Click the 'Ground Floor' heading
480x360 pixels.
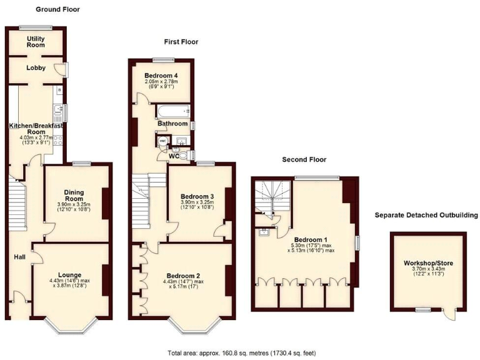[57, 9]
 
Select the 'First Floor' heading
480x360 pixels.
[181, 42]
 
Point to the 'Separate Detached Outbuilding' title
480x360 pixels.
[426, 215]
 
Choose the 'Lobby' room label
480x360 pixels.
[36, 67]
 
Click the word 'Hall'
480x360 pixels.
[19, 256]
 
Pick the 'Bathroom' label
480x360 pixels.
[172, 124]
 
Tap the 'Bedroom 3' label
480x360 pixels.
[197, 196]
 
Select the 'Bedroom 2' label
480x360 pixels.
[183, 275]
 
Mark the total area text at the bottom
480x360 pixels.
[240, 352]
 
